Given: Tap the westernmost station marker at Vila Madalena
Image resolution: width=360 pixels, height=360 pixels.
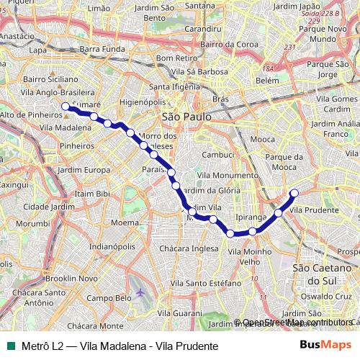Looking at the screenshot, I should coord(66,107).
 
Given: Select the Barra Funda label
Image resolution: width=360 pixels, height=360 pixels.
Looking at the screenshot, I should coord(102,50).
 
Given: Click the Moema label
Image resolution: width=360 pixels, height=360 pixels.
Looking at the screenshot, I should coord(125,223).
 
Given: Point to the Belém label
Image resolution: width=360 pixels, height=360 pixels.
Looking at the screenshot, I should coord(266,81).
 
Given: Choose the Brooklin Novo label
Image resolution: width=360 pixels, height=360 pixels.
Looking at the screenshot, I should coord(66,277).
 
